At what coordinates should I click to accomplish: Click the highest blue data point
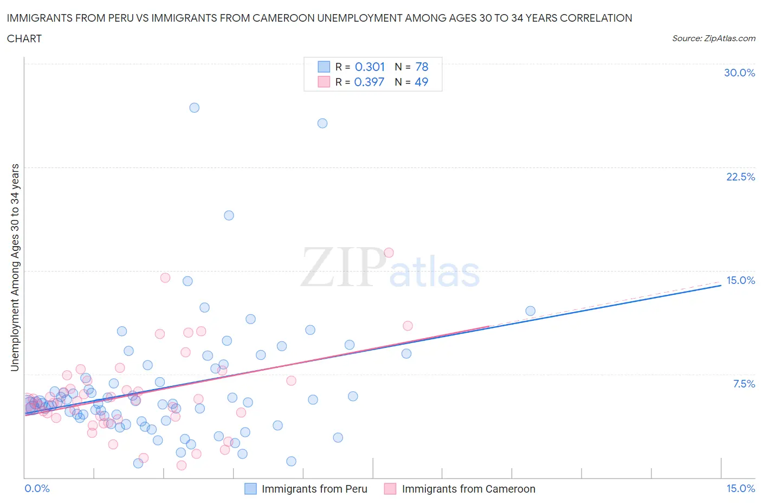click(x=194, y=108)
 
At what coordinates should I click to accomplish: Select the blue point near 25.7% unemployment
click(x=322, y=124)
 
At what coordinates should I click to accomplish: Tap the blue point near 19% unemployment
click(x=229, y=216)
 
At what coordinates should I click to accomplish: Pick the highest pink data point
click(x=389, y=253)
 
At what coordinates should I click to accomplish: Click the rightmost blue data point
click(x=530, y=311)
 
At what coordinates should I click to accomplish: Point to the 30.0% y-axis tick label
click(x=739, y=73)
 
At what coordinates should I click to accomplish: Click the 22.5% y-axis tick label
click(x=740, y=177)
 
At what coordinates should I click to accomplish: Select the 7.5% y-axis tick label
click(x=744, y=384)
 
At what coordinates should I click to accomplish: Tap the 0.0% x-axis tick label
click(x=37, y=489)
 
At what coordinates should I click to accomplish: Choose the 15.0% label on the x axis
click(x=740, y=489)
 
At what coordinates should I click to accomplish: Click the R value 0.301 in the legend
click(x=370, y=67)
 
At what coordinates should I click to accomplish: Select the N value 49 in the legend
click(x=421, y=82)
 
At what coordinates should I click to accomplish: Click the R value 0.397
click(x=369, y=82)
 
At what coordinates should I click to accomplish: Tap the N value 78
click(x=422, y=67)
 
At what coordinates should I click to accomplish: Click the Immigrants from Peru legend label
click(x=314, y=489)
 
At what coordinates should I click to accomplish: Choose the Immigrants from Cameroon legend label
click(x=468, y=489)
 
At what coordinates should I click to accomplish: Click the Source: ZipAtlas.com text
click(x=714, y=38)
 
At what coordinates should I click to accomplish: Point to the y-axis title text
click(x=15, y=268)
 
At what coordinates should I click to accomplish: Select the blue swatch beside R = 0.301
click(x=324, y=67)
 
